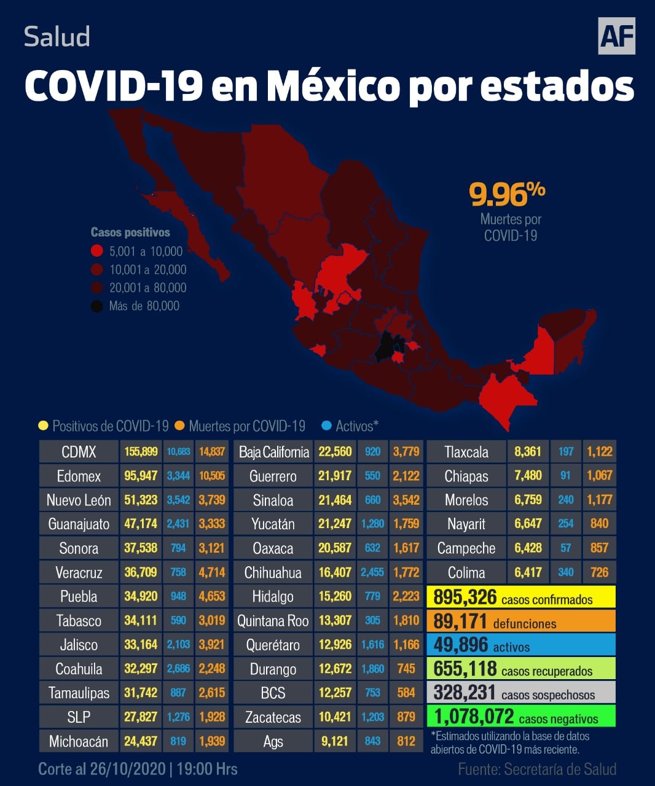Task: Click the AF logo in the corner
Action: click(x=616, y=36)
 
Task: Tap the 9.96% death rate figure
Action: click(x=507, y=195)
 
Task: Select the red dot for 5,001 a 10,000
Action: click(x=96, y=251)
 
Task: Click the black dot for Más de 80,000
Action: click(x=96, y=306)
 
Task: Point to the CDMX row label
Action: click(x=79, y=452)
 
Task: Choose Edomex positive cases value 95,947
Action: click(x=141, y=476)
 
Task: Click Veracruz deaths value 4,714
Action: click(x=211, y=572)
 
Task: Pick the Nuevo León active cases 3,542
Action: click(x=178, y=500)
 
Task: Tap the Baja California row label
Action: click(x=273, y=452)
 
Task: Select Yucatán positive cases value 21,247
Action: click(x=335, y=524)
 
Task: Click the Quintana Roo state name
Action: click(x=273, y=621)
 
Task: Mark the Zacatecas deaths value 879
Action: click(x=406, y=717)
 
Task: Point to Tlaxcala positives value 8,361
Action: click(x=528, y=452)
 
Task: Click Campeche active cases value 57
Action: click(x=566, y=548)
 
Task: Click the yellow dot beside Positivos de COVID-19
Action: click(x=43, y=426)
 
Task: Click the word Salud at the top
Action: click(x=57, y=37)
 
